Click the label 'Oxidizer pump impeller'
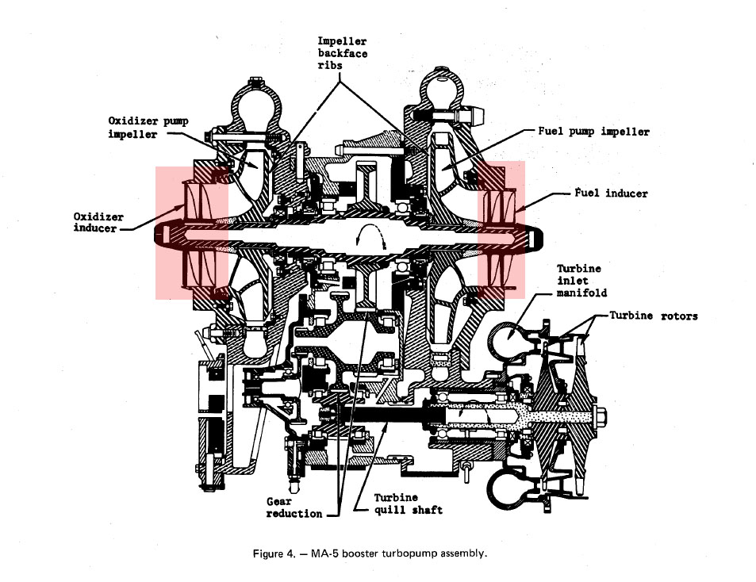point(148,127)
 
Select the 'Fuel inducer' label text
point(611,193)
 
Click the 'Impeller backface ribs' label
point(342,53)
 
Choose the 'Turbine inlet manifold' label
point(581,281)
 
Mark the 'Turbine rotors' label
point(654,316)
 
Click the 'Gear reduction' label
point(294,507)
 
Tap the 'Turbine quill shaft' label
point(408,504)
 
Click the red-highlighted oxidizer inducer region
point(191,232)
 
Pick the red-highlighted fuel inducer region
point(501,229)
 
